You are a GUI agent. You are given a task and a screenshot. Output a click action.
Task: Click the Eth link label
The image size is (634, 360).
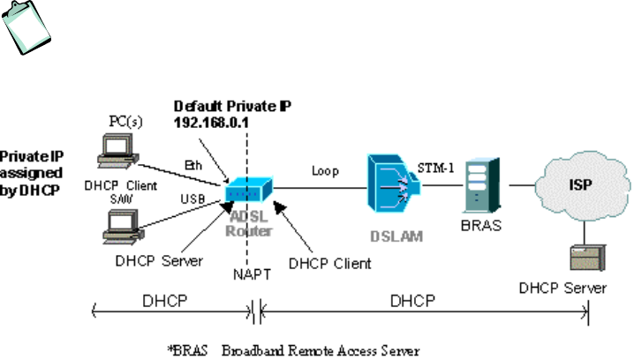[194, 163]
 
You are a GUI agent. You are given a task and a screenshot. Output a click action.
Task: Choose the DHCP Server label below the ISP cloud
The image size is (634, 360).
[563, 288]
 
